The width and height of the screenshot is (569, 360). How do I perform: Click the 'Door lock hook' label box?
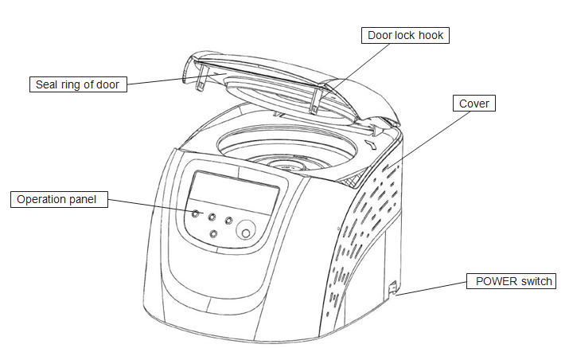[x=405, y=35]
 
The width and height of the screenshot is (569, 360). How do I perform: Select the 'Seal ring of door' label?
[x=80, y=84]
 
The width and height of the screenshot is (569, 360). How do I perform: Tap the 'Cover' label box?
[x=474, y=104]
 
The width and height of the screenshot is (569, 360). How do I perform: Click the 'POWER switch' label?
[x=513, y=281]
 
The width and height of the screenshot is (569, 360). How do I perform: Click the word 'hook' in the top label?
[x=430, y=35]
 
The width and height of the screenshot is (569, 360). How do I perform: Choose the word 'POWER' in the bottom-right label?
[x=495, y=281]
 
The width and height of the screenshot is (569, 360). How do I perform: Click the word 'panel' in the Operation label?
[x=90, y=199]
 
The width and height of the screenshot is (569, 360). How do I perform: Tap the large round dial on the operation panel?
[x=247, y=232]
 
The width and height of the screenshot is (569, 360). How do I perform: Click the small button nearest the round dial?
[x=228, y=220]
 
